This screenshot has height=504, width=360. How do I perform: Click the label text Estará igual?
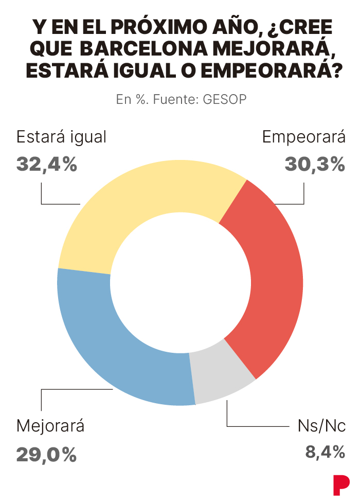click(61, 138)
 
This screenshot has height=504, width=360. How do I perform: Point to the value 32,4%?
click(47, 165)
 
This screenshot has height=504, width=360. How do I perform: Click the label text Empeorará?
click(303, 138)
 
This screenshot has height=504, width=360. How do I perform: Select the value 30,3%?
click(314, 165)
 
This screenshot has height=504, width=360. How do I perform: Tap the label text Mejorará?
click(50, 426)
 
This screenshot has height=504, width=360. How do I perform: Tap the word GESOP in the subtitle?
click(225, 99)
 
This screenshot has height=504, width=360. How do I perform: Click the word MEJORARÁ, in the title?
click(267, 48)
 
